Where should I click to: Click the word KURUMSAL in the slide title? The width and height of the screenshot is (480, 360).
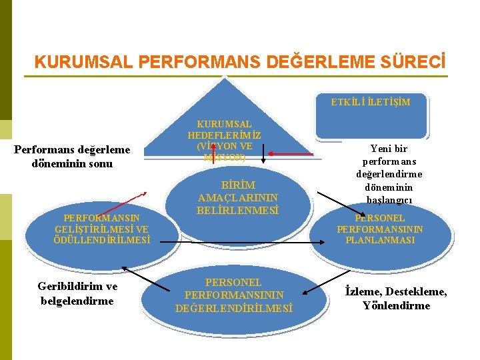coord(81,62)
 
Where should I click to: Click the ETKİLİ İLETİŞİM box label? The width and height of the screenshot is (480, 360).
coord(371,102)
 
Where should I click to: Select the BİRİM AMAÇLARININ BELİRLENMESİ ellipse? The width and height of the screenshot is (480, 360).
coord(238,197)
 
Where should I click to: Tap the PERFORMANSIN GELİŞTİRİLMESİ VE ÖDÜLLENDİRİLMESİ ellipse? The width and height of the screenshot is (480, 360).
coord(102,229)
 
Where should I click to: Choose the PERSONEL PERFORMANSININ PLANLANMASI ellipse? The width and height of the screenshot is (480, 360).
coord(379,229)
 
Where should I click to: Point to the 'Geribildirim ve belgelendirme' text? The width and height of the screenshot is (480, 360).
coord(77,293)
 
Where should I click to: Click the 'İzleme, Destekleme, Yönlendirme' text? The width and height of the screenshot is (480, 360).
coord(396,299)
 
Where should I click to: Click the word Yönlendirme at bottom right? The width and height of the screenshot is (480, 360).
coord(397,306)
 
